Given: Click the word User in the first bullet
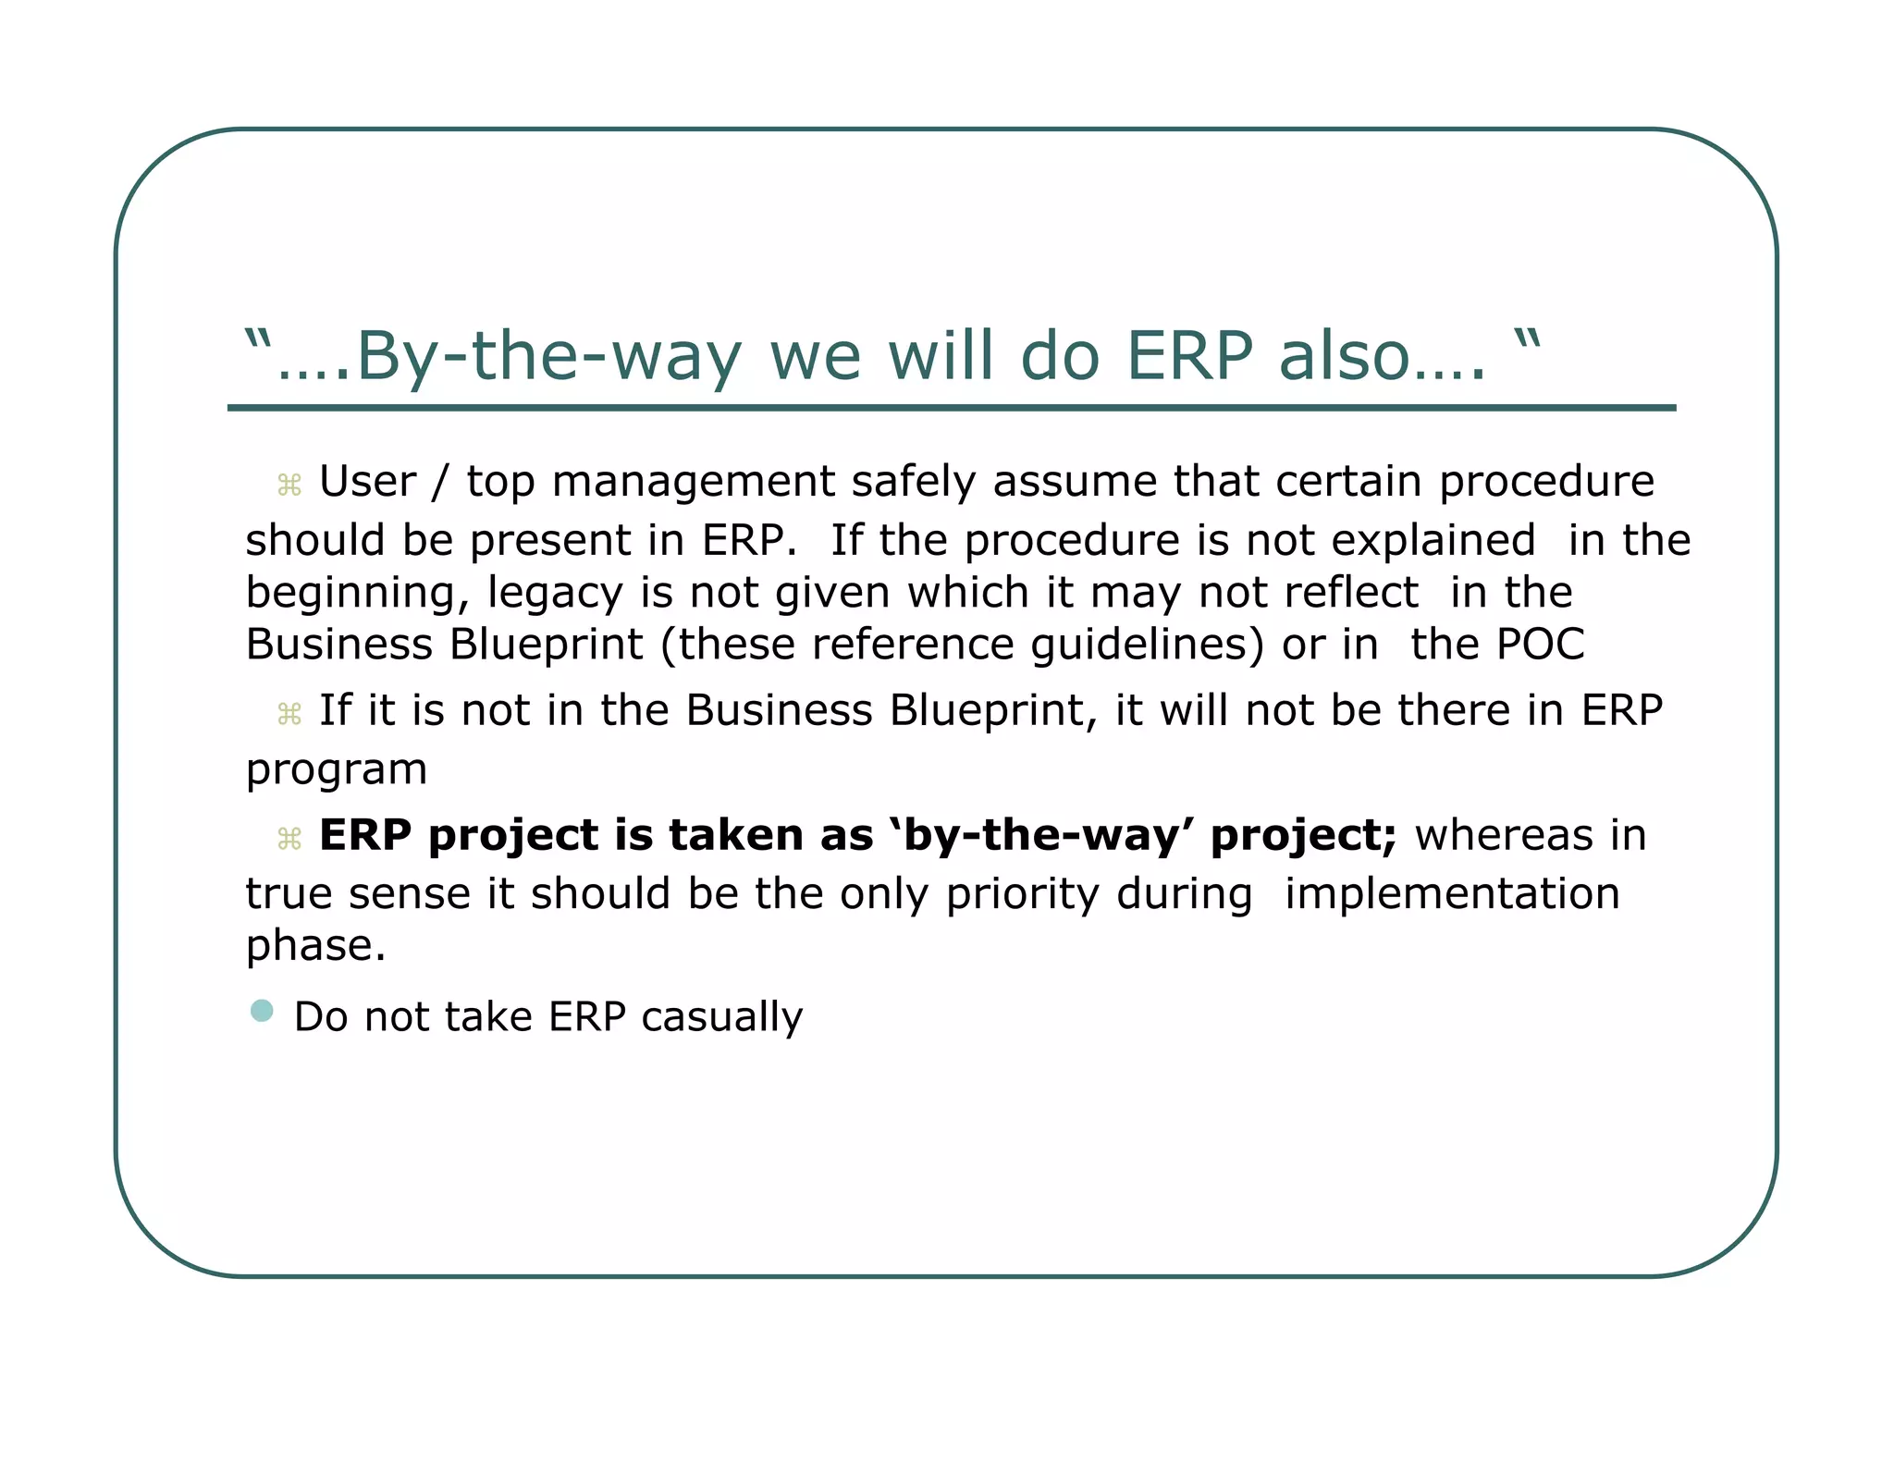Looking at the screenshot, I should tap(367, 482).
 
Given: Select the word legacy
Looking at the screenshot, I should tap(555, 594).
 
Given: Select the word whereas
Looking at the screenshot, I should tap(1504, 835).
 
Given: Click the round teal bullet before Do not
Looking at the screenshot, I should tap(262, 1010).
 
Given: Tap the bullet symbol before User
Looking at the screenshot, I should tap(289, 485).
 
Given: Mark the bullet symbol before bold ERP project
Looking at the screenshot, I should tap(289, 839).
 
